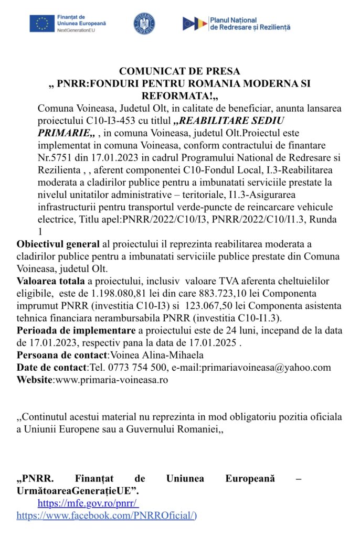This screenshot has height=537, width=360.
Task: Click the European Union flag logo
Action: pyautogui.click(x=41, y=24)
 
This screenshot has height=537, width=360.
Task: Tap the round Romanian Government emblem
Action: pyautogui.click(x=144, y=24)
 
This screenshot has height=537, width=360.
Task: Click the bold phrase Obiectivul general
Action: pyautogui.click(x=58, y=244)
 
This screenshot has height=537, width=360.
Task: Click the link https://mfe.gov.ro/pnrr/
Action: pyautogui.click(x=88, y=504)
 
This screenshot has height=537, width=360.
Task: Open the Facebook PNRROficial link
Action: pyautogui.click(x=105, y=516)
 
